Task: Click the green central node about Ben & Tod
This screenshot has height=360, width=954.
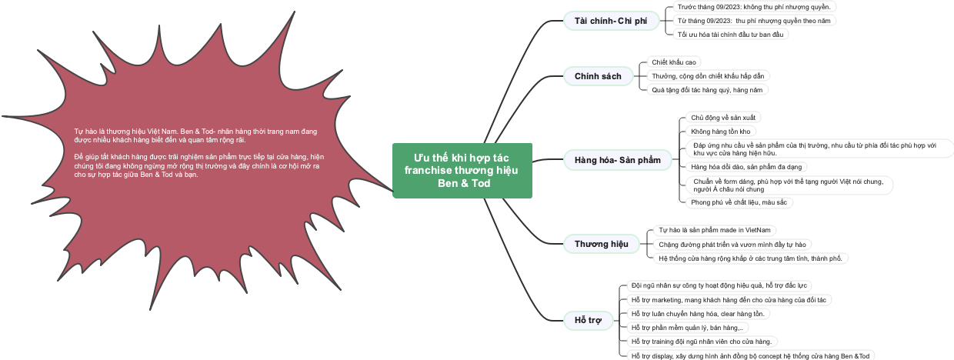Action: (x=462, y=170)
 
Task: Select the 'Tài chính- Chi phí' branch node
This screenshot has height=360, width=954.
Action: (x=611, y=21)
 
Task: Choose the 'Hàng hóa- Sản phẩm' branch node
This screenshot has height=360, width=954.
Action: (x=617, y=160)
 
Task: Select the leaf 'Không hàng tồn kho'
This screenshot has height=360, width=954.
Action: (x=720, y=132)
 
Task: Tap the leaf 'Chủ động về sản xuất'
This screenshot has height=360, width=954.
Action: (x=723, y=118)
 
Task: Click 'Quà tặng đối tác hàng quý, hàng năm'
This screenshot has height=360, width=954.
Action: (x=707, y=90)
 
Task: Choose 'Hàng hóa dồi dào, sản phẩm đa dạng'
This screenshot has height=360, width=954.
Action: (x=746, y=166)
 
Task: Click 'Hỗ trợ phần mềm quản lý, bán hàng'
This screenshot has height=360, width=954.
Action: (x=686, y=327)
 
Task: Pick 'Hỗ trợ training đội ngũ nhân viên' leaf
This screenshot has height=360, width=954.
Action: (x=701, y=341)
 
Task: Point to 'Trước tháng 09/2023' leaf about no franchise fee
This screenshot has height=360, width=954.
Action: (x=753, y=6)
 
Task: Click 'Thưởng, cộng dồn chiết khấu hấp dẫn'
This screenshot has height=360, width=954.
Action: (x=709, y=75)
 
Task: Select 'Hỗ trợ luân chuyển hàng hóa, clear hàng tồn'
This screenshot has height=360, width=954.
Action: (x=698, y=313)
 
